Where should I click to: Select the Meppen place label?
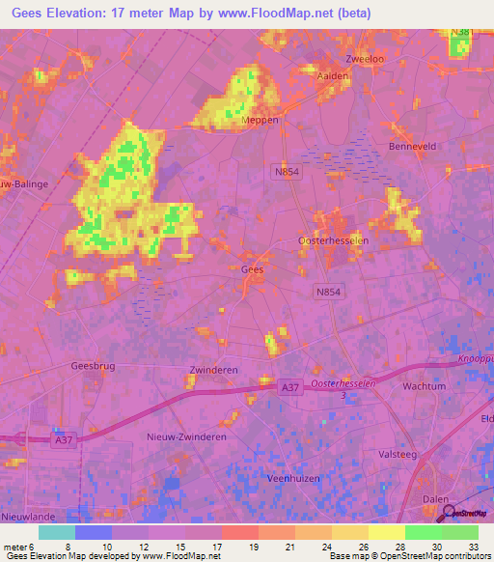[x=260, y=121]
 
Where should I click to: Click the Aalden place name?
[x=331, y=75]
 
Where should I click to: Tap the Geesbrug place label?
[x=93, y=366]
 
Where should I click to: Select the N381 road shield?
[x=462, y=33]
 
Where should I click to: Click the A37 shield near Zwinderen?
[x=289, y=387]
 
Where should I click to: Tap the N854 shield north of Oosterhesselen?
[x=282, y=170]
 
